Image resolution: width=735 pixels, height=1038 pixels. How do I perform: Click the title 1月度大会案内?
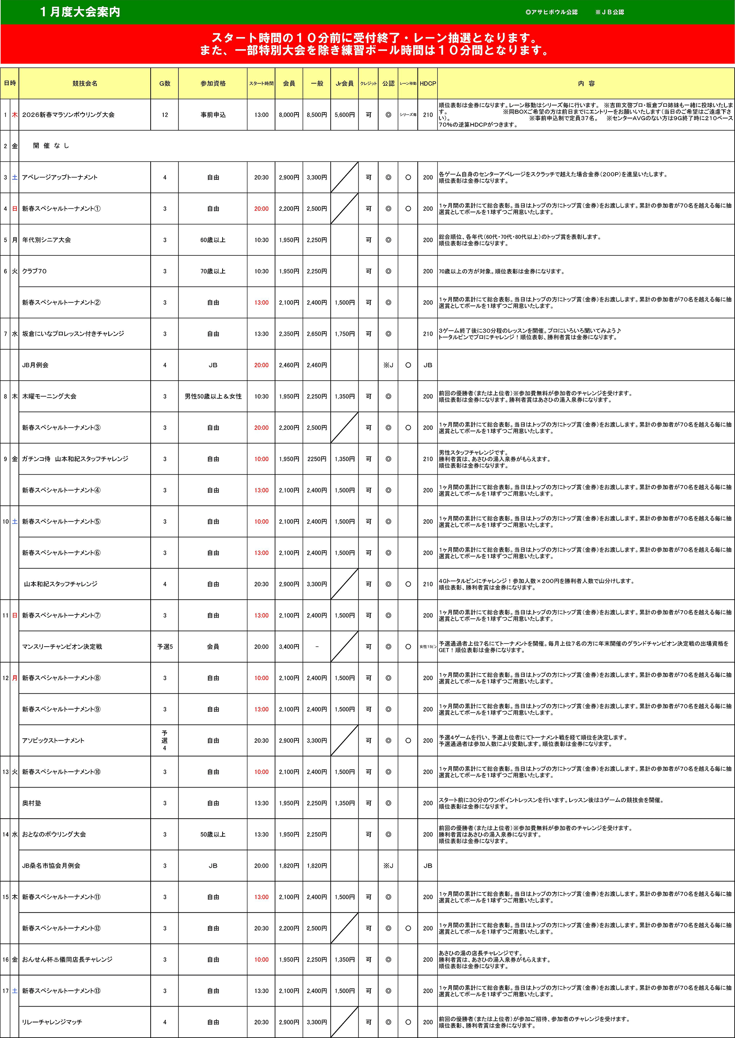click(80, 12)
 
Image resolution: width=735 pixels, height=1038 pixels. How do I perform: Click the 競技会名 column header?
click(85, 83)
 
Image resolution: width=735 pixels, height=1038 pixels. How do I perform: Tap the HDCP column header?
click(428, 83)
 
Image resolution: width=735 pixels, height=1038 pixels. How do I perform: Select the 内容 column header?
click(586, 83)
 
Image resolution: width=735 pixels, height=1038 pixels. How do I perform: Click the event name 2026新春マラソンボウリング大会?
click(68, 115)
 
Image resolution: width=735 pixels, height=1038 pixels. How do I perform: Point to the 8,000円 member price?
click(289, 115)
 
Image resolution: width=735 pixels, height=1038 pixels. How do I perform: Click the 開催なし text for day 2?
click(51, 146)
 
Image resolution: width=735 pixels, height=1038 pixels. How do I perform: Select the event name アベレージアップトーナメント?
click(60, 177)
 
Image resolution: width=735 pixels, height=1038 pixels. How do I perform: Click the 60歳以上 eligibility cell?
click(213, 240)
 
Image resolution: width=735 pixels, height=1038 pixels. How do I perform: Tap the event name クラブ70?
click(34, 271)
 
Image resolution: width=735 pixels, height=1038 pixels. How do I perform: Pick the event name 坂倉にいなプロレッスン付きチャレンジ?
click(73, 334)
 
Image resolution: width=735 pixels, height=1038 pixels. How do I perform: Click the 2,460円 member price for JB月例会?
click(289, 365)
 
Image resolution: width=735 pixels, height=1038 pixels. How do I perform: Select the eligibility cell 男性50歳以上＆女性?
click(213, 396)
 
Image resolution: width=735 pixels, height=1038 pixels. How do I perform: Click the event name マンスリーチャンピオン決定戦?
click(62, 646)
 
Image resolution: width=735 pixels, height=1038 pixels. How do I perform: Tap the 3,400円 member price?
click(289, 646)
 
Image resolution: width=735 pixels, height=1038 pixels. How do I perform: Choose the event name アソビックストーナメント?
click(53, 741)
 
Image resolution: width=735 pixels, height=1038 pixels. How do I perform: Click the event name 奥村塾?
click(32, 803)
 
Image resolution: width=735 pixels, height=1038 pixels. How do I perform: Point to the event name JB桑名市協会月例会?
click(51, 866)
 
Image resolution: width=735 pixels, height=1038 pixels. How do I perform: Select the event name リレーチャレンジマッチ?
click(52, 1022)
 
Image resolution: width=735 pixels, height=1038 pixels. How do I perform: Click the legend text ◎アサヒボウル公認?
click(551, 12)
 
